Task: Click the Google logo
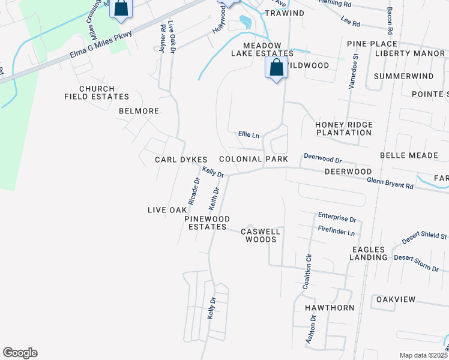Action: (20, 353)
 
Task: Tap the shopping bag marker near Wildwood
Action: (276, 68)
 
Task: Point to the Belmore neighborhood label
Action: (139, 111)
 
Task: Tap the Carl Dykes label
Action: (181, 160)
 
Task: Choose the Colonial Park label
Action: (253, 159)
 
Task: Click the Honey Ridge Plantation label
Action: (344, 128)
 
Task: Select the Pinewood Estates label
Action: (206, 223)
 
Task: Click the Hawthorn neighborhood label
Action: (330, 307)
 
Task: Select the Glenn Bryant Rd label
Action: (390, 182)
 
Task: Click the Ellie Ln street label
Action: (249, 135)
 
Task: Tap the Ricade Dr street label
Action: (193, 191)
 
